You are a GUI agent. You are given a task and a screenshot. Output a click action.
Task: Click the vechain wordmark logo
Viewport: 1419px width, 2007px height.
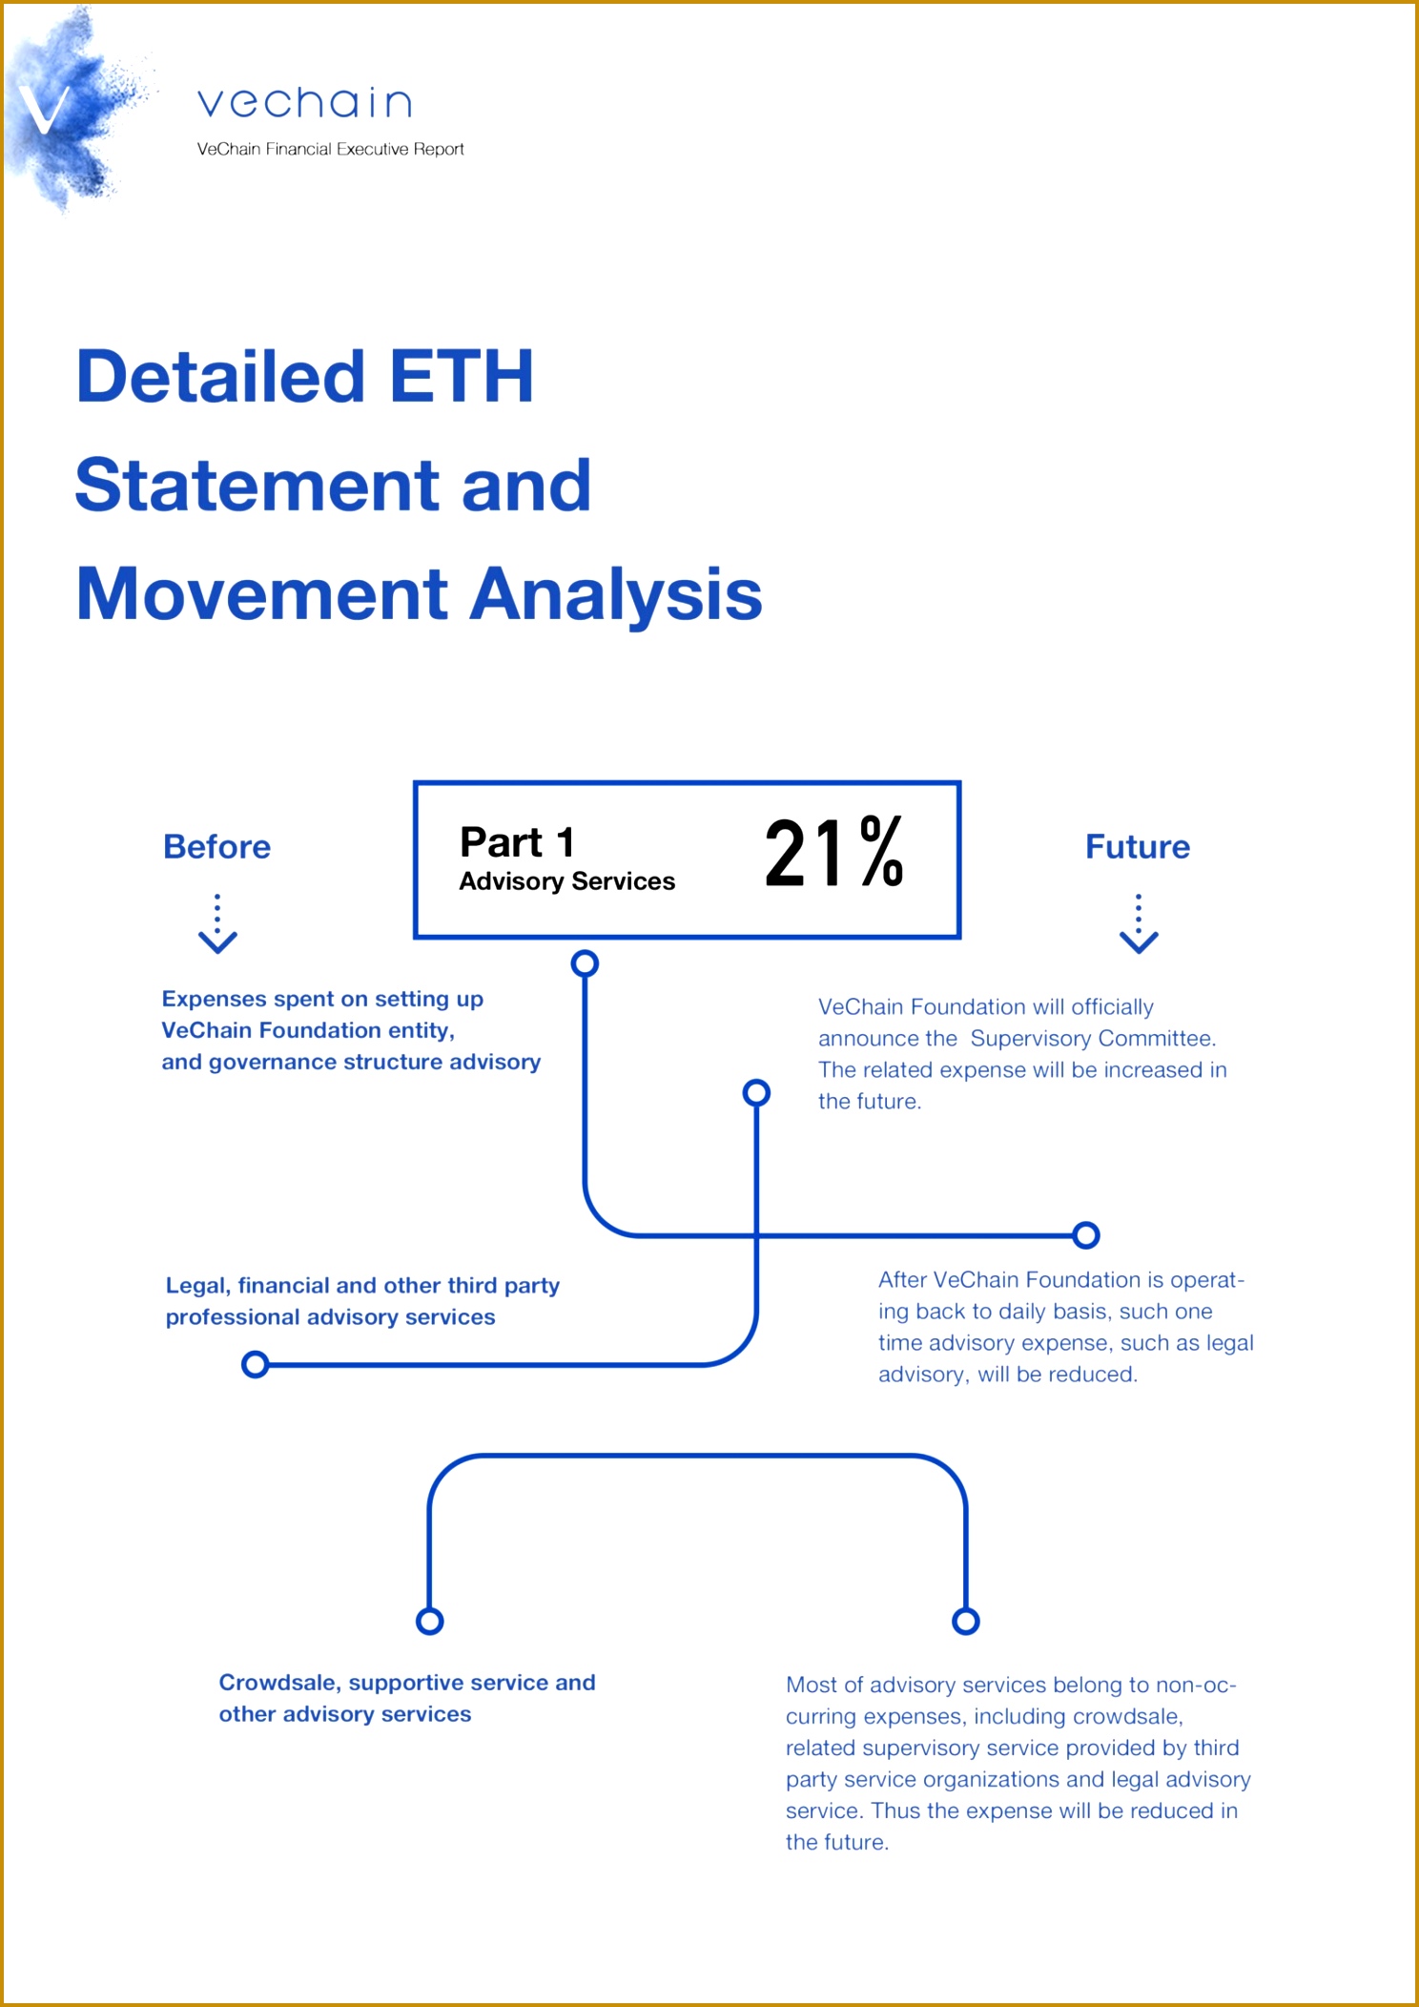pyautogui.click(x=304, y=102)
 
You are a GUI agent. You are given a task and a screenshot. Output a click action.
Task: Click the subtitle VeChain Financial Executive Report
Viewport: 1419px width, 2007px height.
pyautogui.click(x=330, y=149)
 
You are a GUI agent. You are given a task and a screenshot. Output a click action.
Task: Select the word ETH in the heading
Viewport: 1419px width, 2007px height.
pyautogui.click(x=462, y=376)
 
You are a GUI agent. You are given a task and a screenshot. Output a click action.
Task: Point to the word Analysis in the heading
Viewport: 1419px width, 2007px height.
pyautogui.click(x=617, y=595)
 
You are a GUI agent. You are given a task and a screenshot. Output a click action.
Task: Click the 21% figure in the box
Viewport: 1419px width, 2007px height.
pyautogui.click(x=833, y=853)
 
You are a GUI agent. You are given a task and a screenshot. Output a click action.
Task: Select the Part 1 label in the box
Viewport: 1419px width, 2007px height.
pyautogui.click(x=517, y=842)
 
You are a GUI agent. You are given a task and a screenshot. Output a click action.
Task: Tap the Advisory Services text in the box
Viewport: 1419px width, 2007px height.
pyautogui.click(x=567, y=881)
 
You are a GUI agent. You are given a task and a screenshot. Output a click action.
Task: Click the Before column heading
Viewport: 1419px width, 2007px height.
pyautogui.click(x=216, y=846)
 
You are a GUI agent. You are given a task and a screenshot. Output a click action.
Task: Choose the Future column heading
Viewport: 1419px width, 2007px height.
pyautogui.click(x=1138, y=846)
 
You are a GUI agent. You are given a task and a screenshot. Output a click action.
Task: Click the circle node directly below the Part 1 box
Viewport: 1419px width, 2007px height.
pyautogui.click(x=585, y=963)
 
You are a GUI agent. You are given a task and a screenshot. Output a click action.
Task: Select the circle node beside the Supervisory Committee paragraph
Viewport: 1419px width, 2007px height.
pyautogui.click(x=756, y=1092)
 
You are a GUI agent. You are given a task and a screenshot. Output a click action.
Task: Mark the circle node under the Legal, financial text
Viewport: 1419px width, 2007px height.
pyautogui.click(x=255, y=1364)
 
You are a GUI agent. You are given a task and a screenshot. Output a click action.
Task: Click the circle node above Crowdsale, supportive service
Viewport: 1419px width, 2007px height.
pyautogui.click(x=430, y=1621)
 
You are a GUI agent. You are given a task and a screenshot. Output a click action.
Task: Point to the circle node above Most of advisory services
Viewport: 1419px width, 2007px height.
pyautogui.click(x=966, y=1621)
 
